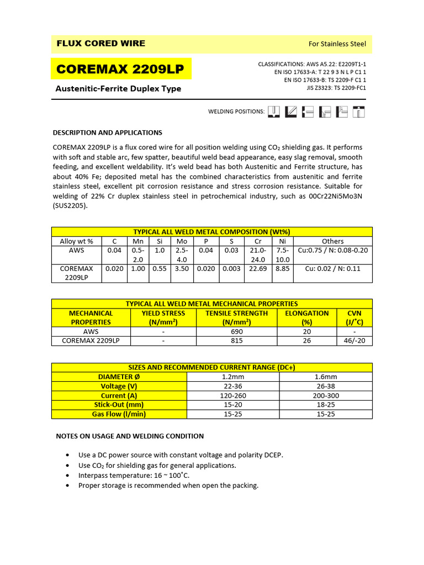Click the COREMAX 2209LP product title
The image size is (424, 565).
(x=120, y=70)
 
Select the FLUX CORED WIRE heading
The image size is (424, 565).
(x=101, y=44)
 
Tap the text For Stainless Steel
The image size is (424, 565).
(x=336, y=44)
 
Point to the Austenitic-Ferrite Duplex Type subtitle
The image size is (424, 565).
(x=118, y=89)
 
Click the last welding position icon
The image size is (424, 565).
(x=358, y=111)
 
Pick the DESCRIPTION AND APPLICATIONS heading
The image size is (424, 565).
(x=107, y=132)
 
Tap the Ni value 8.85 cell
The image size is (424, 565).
(x=282, y=269)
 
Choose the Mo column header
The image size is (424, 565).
(x=182, y=241)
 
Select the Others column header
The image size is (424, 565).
(x=332, y=241)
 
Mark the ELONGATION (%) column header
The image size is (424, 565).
(x=306, y=317)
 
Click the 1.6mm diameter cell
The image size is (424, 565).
(x=326, y=377)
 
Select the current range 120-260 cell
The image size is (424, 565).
(x=233, y=396)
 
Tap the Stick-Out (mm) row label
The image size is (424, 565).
(x=119, y=405)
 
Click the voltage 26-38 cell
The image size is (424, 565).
(x=326, y=386)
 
